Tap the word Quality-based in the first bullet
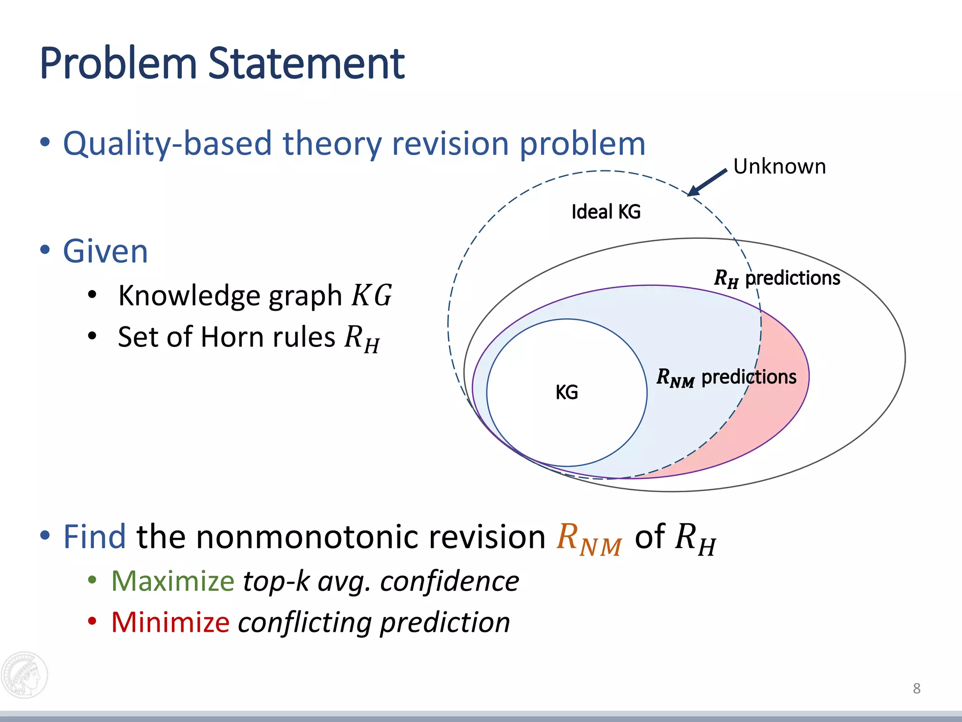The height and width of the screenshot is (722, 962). click(x=167, y=143)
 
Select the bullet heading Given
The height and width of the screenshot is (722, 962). click(x=106, y=251)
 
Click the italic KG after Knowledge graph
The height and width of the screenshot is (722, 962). click(x=371, y=295)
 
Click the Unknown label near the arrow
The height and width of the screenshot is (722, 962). click(x=779, y=166)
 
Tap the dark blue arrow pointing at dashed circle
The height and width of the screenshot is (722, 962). click(x=707, y=182)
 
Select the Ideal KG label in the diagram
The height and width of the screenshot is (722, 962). click(x=605, y=212)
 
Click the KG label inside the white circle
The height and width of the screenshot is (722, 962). click(x=566, y=392)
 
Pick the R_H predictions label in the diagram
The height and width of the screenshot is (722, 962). click(x=776, y=278)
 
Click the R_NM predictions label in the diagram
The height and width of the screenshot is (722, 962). click(x=726, y=377)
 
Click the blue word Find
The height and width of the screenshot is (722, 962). click(x=94, y=537)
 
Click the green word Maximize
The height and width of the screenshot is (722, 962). click(x=172, y=581)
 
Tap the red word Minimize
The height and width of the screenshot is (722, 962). click(x=170, y=622)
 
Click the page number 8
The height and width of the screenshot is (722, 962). click(x=916, y=689)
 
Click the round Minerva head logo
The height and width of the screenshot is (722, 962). click(x=24, y=675)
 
